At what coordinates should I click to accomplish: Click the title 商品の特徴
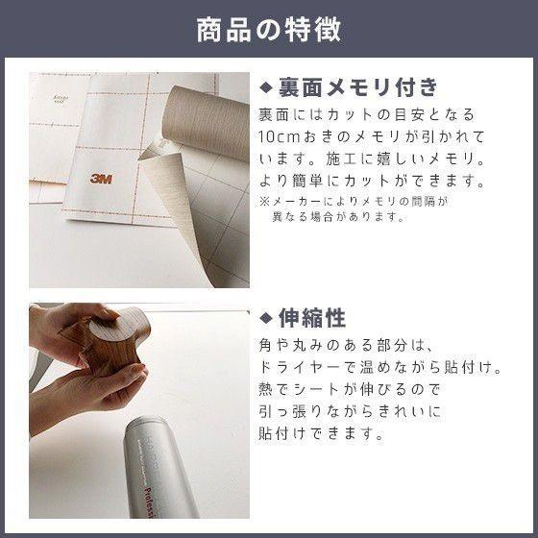point(268,29)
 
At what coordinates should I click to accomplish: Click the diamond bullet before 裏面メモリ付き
point(266,88)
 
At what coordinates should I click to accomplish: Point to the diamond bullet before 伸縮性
point(266,319)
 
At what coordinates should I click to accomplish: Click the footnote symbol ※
point(265,202)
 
